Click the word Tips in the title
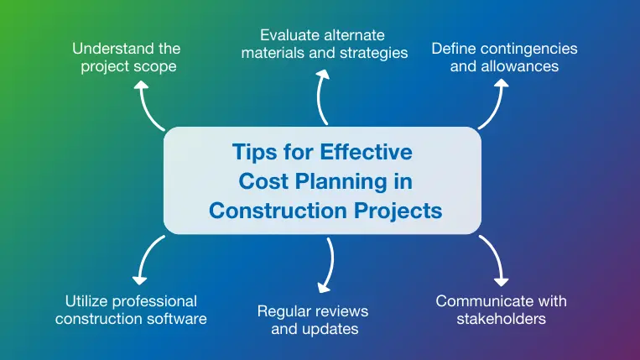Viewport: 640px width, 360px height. click(254, 153)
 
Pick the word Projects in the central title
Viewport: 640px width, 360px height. click(401, 209)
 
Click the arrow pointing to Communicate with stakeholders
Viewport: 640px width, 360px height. click(497, 259)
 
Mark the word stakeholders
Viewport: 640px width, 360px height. click(502, 319)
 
